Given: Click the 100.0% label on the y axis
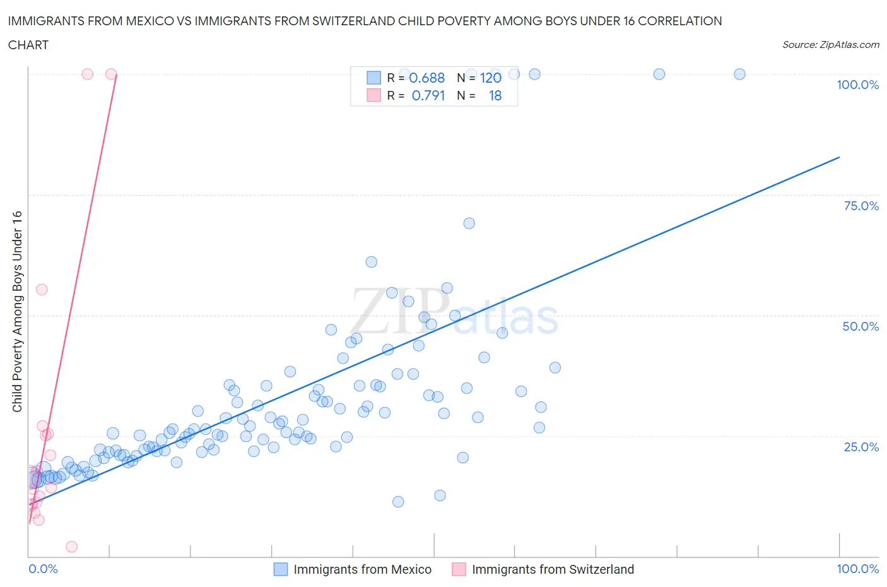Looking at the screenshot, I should point(857,85).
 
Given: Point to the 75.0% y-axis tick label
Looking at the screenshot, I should point(861,206).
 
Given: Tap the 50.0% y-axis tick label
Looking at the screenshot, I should point(861,326).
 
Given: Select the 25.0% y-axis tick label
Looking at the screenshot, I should point(861,447).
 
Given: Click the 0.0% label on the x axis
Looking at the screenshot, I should point(43,569).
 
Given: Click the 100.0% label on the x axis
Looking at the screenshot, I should point(857,569).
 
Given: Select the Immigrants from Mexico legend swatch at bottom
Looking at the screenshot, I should point(280,569).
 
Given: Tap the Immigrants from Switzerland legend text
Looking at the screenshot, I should point(553,569).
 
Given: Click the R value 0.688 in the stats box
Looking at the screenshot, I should point(427,78).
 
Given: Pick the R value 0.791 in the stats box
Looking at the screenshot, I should point(428,95).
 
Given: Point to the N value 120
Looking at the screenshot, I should point(490,78).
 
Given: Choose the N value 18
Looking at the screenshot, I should point(495,95).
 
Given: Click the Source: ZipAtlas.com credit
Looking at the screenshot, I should point(830,44).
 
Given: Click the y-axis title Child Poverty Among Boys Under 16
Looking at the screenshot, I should point(17,311).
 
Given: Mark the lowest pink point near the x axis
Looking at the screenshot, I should point(72,547).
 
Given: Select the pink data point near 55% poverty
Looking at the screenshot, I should point(42,290).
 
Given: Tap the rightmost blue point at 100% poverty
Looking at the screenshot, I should point(739,74).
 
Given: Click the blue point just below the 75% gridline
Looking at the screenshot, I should point(469,223).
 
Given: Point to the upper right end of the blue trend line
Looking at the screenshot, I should point(839,157).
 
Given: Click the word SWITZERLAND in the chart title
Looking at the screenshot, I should point(449,21).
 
